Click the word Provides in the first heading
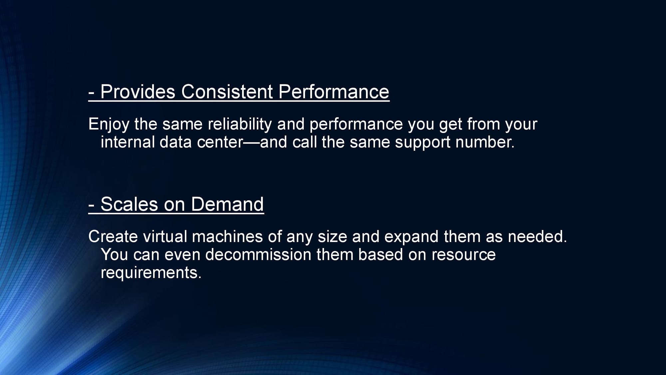138,92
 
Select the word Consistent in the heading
227,92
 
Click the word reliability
240,125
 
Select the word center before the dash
220,143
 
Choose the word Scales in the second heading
129,204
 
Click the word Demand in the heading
227,204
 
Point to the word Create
113,237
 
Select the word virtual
165,237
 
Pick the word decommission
258,255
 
